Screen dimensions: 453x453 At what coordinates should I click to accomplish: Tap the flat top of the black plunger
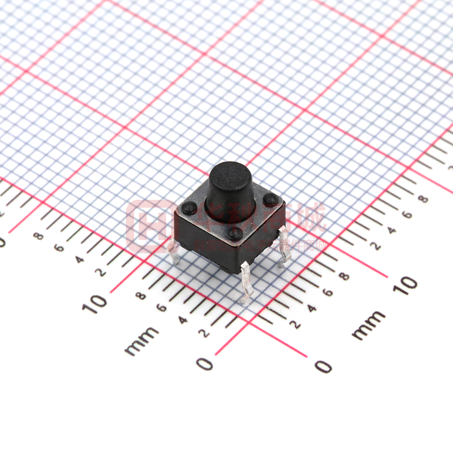(x=229, y=174)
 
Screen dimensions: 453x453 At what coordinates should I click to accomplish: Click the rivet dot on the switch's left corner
(x=189, y=207)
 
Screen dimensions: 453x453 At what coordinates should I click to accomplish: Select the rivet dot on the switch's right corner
(x=270, y=199)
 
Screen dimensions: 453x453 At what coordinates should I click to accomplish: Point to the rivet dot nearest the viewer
(x=235, y=233)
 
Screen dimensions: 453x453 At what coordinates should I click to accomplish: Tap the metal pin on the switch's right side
(x=284, y=247)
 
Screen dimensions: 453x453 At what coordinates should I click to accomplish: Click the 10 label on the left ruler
(x=95, y=303)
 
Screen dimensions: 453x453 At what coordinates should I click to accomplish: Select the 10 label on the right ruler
(x=405, y=285)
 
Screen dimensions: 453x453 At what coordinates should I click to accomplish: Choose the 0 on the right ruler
(x=323, y=366)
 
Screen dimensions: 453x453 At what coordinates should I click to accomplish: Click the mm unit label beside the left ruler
(x=141, y=341)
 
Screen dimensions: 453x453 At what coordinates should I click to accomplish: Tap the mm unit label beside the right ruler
(x=368, y=325)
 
